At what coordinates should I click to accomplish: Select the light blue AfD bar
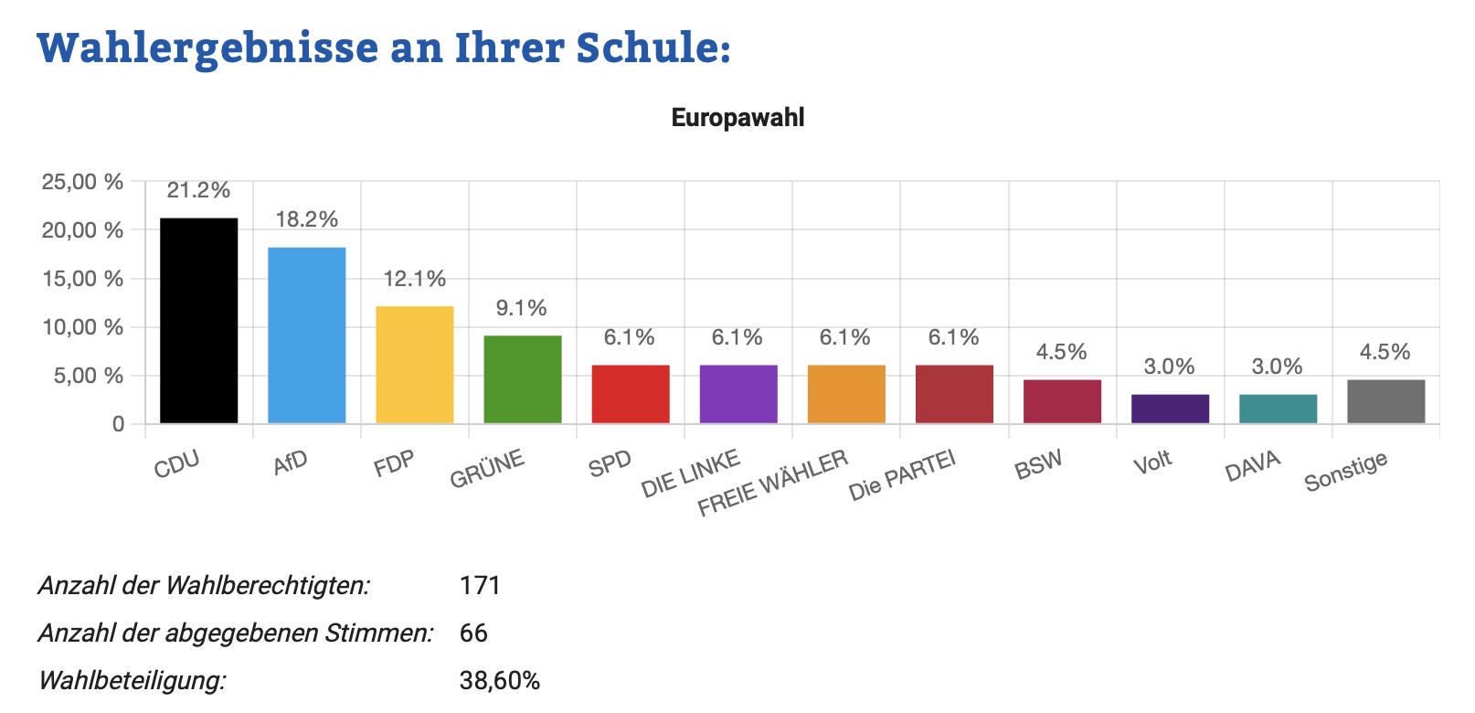point(306,335)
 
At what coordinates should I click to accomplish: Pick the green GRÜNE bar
point(522,378)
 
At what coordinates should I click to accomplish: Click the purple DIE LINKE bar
point(737,393)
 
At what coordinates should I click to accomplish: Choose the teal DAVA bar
point(1278,408)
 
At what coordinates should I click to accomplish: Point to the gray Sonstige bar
point(1385,400)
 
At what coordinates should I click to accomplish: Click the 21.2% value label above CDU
point(198,190)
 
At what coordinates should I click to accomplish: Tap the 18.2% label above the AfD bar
point(307,219)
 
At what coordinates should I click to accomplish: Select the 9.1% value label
point(522,308)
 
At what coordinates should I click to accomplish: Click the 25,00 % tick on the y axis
point(82,182)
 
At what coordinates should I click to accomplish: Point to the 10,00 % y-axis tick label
point(82,327)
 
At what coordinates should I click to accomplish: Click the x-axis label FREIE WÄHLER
point(773,483)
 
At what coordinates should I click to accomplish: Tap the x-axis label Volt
point(1152,463)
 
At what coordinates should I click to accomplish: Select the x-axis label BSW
point(1038,465)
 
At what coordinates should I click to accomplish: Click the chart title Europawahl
point(737,118)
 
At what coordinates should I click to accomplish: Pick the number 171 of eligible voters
point(480,585)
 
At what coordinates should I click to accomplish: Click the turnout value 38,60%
point(500,681)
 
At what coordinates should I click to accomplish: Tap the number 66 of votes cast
point(473,633)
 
